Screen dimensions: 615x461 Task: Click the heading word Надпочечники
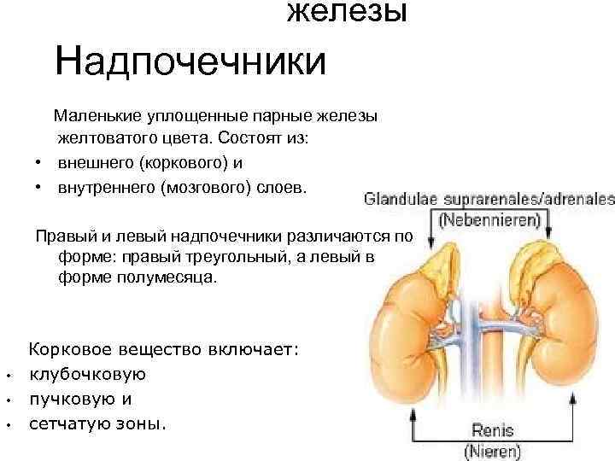(x=190, y=62)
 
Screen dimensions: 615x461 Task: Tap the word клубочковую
(x=88, y=374)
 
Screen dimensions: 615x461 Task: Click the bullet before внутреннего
(x=39, y=186)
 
